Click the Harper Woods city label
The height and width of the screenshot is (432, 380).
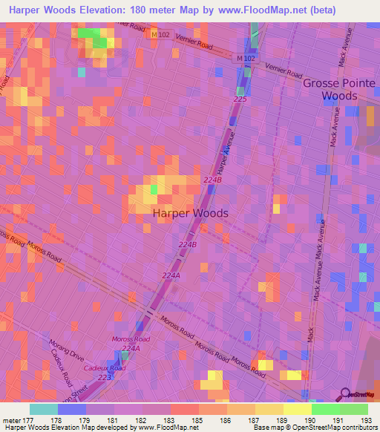click(x=190, y=213)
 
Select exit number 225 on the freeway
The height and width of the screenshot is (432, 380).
click(x=240, y=99)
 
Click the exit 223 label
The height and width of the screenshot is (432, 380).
click(x=106, y=377)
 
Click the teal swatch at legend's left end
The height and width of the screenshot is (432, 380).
click(x=44, y=409)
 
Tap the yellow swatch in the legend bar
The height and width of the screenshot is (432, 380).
click(x=297, y=409)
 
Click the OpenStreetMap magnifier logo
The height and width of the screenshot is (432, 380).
click(x=345, y=395)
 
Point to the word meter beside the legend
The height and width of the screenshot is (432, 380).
click(x=10, y=420)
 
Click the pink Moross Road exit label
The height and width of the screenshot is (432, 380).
click(x=131, y=339)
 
